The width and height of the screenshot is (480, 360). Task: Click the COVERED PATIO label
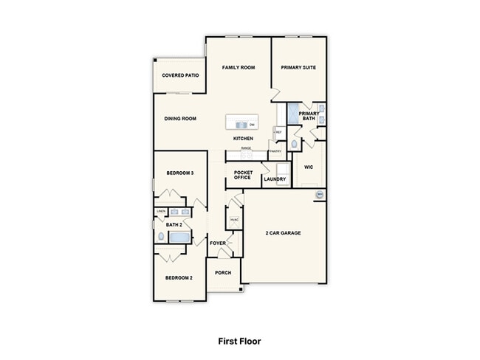point(180,75)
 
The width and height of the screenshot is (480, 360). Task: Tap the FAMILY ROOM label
point(239,67)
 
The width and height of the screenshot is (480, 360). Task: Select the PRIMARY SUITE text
point(298,67)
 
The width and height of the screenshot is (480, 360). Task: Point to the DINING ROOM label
point(179,118)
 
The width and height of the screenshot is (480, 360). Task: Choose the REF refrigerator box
point(278,132)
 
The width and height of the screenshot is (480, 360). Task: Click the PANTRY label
point(275,151)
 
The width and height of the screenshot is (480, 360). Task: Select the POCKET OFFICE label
point(242,175)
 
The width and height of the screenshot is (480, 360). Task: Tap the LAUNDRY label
point(275,179)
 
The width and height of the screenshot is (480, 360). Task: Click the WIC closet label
point(309,167)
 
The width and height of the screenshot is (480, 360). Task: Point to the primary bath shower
point(293,114)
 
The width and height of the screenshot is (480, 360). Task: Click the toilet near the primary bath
point(295,143)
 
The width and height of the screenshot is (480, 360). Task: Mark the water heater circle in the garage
point(320,195)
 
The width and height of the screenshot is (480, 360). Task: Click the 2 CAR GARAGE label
point(283,233)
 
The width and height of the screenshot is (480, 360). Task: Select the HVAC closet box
point(233,219)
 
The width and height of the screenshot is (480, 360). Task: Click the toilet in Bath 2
point(162,237)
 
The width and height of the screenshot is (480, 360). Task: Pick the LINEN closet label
point(160,212)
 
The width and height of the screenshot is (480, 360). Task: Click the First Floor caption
point(239,341)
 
